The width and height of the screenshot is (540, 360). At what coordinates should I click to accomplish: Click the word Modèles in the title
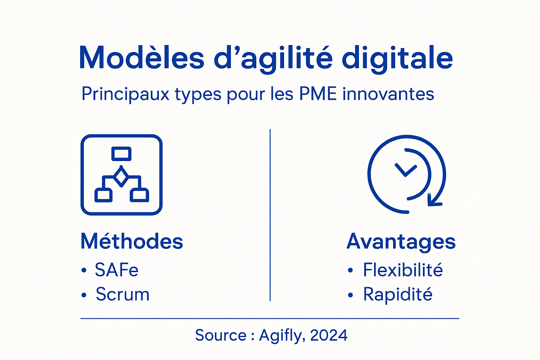[141, 58]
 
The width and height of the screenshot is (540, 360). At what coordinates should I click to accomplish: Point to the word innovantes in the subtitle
[388, 94]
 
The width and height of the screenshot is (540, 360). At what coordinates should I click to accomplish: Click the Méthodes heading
[132, 242]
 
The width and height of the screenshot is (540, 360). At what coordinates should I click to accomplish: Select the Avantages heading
[401, 242]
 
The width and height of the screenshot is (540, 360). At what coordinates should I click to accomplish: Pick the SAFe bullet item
[116, 270]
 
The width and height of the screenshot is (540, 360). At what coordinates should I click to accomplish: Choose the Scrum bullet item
[122, 294]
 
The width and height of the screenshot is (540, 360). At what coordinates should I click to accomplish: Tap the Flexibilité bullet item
[403, 270]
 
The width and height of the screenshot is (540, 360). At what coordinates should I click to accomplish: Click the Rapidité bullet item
[398, 295]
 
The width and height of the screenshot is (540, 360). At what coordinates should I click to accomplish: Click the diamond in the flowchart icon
[121, 177]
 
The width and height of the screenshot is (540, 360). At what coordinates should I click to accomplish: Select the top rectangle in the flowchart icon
[121, 154]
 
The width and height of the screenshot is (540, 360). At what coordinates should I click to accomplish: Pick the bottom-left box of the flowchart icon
[103, 195]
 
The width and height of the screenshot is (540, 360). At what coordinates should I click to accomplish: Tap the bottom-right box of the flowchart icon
[140, 195]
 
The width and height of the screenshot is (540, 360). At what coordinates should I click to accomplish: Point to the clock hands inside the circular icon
[406, 170]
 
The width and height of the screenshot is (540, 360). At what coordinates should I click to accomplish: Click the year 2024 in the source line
[329, 335]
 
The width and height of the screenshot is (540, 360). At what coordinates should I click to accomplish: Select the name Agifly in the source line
[280, 336]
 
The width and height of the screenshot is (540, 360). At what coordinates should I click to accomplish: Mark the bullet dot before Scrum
[84, 295]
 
